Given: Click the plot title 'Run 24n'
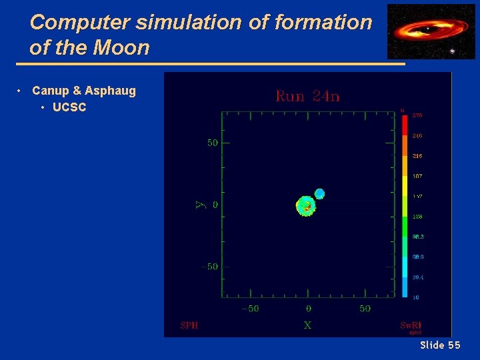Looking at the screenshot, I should click(x=307, y=97).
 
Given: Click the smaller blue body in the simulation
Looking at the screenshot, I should click(x=319, y=194).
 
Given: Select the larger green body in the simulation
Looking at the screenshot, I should click(x=305, y=206).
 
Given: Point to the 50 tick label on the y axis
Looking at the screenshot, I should click(x=212, y=143).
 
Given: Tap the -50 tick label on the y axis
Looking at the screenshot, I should click(x=209, y=267).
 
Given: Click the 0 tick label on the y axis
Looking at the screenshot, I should click(x=215, y=205).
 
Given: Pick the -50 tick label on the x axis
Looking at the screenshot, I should click(x=250, y=309).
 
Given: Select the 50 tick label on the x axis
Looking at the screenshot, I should click(x=365, y=309).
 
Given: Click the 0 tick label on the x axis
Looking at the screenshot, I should click(x=308, y=309).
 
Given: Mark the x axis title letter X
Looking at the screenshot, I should click(x=307, y=325).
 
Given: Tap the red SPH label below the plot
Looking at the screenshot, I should click(x=189, y=325).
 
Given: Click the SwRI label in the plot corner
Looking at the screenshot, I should click(x=410, y=325).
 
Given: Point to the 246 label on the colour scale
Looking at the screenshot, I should click(x=417, y=136).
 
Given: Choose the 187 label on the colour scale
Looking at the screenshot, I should click(x=417, y=176).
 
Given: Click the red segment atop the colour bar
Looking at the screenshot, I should click(x=404, y=125).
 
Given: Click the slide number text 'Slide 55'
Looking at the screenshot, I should click(x=440, y=345).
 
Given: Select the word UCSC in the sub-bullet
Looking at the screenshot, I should click(x=69, y=107).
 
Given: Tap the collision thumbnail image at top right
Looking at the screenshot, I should click(x=422, y=31).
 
